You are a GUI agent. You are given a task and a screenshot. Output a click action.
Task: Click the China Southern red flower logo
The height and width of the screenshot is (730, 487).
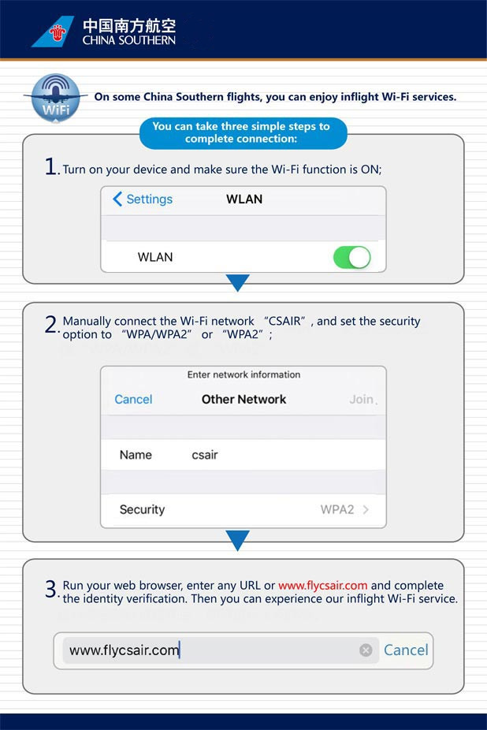[x=57, y=32]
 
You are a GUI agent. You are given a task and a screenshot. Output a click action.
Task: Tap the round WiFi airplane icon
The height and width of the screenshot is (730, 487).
[x=55, y=98]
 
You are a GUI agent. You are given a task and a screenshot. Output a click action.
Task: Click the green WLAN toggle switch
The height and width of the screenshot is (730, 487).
[x=351, y=257]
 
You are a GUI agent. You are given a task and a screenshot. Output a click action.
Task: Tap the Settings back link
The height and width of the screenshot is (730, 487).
[x=143, y=199]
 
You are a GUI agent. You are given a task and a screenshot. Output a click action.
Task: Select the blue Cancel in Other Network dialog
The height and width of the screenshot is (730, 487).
[x=133, y=399]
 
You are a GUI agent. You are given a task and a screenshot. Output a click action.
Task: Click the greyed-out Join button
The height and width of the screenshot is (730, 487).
[x=362, y=399]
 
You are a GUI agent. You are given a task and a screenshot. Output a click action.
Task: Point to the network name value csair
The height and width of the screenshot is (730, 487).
[x=206, y=455]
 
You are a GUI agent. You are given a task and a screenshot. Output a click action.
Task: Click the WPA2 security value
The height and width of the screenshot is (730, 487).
[x=337, y=509]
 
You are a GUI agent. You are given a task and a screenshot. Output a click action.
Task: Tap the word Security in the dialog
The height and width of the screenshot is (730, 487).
[x=142, y=509]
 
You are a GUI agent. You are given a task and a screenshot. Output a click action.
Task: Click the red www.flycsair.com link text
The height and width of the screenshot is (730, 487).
[x=322, y=586]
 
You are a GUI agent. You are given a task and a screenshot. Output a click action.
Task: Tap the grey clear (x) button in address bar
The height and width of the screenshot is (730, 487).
[x=366, y=650]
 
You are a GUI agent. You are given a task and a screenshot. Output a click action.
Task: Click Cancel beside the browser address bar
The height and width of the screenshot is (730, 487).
[x=406, y=650]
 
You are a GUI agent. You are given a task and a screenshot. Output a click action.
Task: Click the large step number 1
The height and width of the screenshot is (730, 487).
[x=51, y=167]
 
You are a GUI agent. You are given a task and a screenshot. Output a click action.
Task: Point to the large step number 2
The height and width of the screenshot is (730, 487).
[x=51, y=324]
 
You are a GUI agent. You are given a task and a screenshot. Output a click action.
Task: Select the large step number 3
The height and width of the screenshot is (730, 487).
[x=51, y=589]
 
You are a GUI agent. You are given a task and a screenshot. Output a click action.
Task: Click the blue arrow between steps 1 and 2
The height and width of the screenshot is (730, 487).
[x=237, y=282]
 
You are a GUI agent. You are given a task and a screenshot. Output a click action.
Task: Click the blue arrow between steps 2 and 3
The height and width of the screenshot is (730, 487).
[x=237, y=540]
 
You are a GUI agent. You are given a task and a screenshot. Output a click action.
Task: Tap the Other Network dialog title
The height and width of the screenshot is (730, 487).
[x=244, y=399]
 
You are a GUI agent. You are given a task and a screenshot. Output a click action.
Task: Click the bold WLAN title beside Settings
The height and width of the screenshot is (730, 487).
[x=244, y=199]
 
